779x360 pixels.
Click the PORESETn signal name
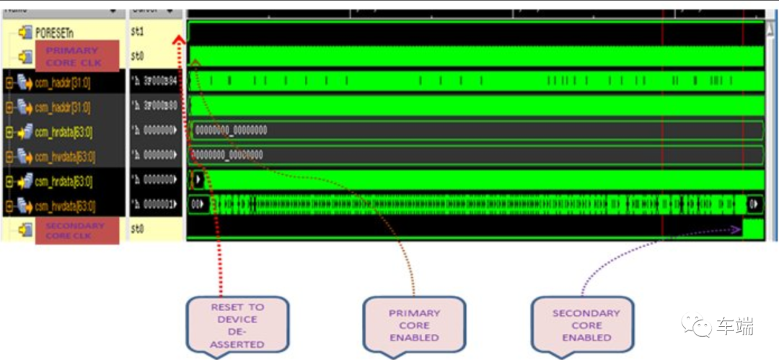point(55,32)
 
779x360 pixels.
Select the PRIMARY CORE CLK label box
point(72,56)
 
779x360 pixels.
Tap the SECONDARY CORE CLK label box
point(74,230)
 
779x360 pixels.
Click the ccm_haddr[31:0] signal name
point(63,82)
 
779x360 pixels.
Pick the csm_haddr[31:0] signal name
point(63,107)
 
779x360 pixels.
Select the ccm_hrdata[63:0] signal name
point(64,132)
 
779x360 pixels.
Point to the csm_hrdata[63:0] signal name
point(63,181)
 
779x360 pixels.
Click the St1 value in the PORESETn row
point(138,32)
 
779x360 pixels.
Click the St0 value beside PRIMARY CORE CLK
point(138,56)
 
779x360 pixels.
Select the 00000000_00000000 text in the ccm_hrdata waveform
point(231,131)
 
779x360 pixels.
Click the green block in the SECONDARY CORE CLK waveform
point(752,229)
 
